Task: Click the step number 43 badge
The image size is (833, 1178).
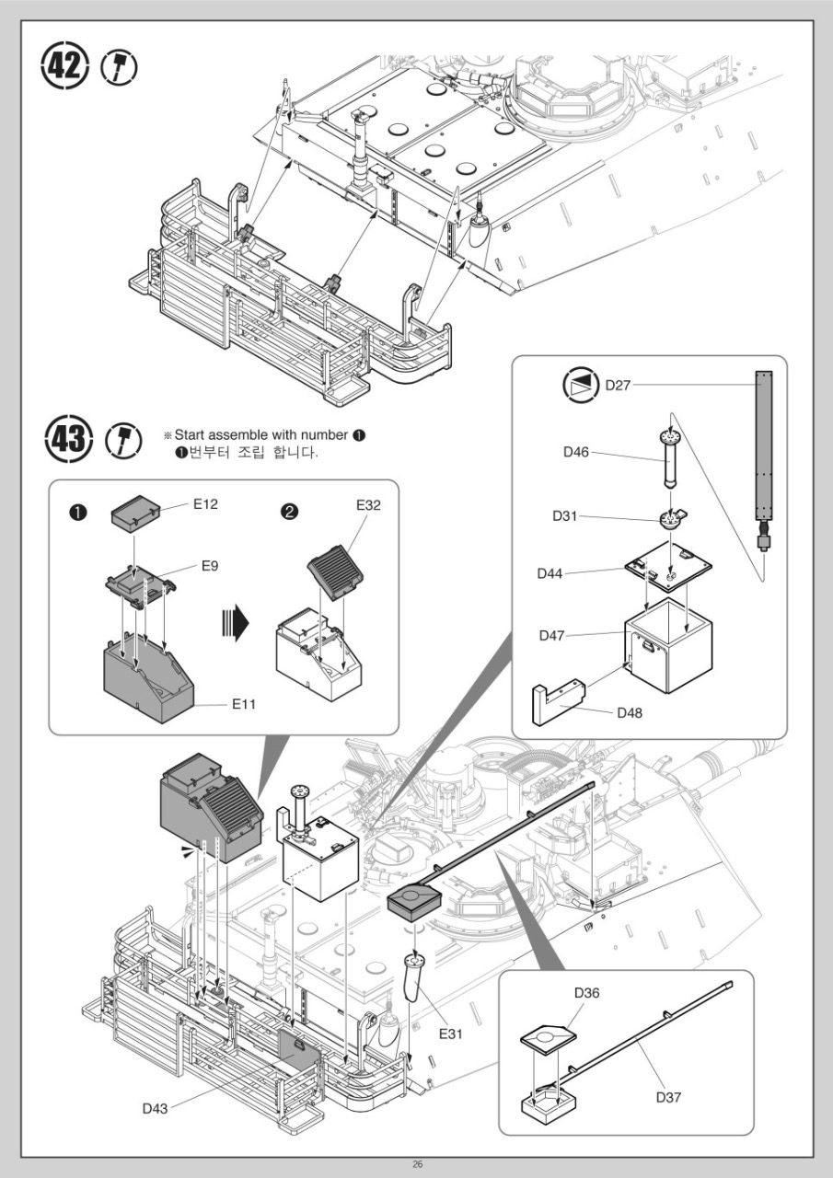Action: (x=68, y=438)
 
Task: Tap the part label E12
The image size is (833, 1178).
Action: (x=205, y=503)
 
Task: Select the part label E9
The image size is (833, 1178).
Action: (x=210, y=566)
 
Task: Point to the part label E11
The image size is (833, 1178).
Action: (x=244, y=704)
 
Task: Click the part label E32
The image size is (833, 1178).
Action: (x=368, y=505)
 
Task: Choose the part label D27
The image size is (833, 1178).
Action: (x=618, y=385)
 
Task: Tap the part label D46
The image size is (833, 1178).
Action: (x=576, y=452)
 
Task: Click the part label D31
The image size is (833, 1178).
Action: (x=564, y=516)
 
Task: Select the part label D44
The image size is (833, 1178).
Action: (x=550, y=573)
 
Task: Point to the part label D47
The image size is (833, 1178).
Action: (x=551, y=635)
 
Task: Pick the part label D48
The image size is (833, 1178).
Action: (x=630, y=712)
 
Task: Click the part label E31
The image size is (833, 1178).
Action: (x=451, y=1034)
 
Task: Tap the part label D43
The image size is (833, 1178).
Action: (x=156, y=1108)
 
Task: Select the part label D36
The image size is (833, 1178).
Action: (x=586, y=992)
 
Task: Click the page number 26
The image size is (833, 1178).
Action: (x=417, y=1164)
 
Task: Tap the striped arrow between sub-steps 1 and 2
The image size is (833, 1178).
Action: (x=235, y=622)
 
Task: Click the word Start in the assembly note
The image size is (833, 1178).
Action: (x=190, y=435)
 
